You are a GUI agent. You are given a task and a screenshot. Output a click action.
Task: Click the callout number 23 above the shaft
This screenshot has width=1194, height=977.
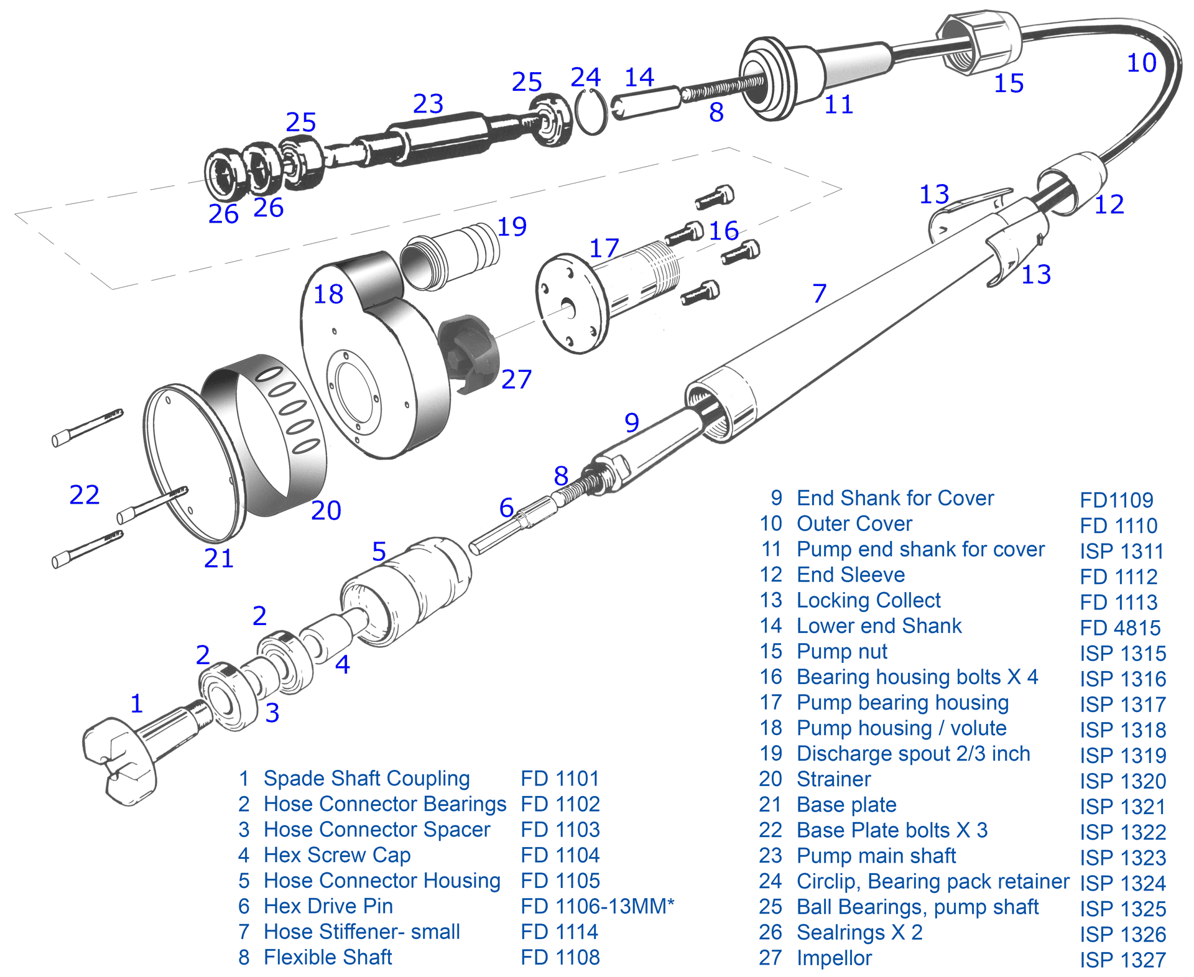[x=428, y=104]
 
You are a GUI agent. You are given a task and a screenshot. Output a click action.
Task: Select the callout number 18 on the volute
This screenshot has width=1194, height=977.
[x=328, y=294]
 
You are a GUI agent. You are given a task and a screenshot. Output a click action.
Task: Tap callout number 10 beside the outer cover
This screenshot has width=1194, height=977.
[x=1141, y=63]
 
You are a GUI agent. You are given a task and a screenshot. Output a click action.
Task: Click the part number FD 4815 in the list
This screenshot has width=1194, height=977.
[x=1120, y=627]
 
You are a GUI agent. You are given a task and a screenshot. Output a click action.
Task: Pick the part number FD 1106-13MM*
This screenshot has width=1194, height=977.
[x=597, y=906]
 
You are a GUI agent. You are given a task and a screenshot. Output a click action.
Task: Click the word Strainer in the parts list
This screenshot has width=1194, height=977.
[x=834, y=779]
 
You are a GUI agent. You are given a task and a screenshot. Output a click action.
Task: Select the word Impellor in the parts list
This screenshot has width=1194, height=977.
[x=834, y=958]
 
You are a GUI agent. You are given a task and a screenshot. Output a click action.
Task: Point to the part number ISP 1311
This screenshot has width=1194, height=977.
[x=1122, y=551]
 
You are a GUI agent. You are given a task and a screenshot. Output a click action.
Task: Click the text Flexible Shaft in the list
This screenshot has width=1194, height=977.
[x=328, y=957]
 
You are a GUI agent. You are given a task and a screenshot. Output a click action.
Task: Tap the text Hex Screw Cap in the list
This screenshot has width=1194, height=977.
[x=337, y=855]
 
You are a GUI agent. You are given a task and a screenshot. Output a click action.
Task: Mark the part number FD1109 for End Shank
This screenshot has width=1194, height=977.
[x=1116, y=500]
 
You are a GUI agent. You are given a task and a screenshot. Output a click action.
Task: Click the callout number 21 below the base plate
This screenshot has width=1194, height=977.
[x=219, y=558]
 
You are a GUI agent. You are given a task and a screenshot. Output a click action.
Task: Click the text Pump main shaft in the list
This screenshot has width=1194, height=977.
[x=876, y=856]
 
